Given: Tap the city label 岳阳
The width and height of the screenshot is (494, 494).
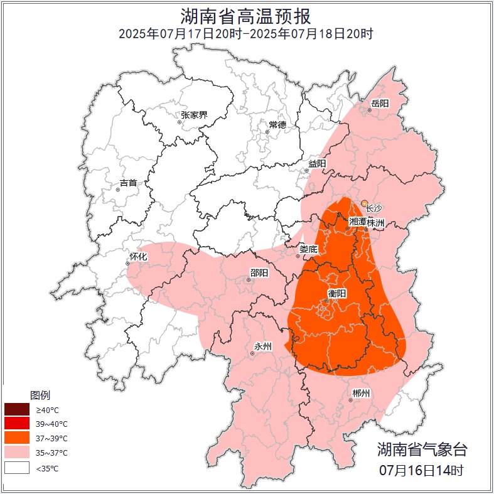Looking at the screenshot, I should (x=380, y=104).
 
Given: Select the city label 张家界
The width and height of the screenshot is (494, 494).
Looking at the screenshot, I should (x=194, y=115).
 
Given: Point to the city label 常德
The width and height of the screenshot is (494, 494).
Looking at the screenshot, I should (x=277, y=125).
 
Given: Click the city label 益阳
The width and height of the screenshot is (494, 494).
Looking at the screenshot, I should (x=317, y=163).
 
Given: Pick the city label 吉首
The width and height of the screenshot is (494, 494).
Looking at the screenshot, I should (x=128, y=183).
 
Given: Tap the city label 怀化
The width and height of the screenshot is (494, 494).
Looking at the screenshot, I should (x=138, y=257).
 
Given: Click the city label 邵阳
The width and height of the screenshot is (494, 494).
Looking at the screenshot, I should (x=259, y=273).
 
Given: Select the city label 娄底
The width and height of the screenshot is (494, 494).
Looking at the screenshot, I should (x=308, y=249).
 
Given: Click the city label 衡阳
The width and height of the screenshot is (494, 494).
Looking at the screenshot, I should (x=337, y=294).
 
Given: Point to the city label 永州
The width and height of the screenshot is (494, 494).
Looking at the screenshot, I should (x=262, y=346).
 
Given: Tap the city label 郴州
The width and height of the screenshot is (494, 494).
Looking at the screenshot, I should (x=361, y=394).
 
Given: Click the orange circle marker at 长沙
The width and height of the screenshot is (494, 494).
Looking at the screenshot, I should (x=365, y=203).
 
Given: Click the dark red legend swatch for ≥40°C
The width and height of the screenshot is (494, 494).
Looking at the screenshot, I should (x=17, y=409).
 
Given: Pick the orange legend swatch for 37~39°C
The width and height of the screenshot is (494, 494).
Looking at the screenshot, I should (x=17, y=438).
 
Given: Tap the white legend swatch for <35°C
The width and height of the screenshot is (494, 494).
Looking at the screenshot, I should (x=17, y=468).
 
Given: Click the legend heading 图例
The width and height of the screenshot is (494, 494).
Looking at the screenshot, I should (x=40, y=395).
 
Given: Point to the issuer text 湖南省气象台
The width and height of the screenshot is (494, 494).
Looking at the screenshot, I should (x=422, y=449).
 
